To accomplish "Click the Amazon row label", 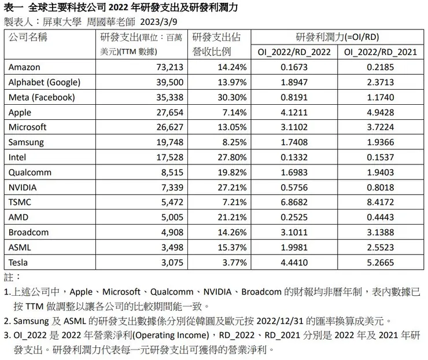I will coord(25,67).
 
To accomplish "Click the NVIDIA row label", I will coord(24,187).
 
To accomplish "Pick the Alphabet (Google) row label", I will coord(45,82).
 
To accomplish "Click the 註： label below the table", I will coord(12,275).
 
